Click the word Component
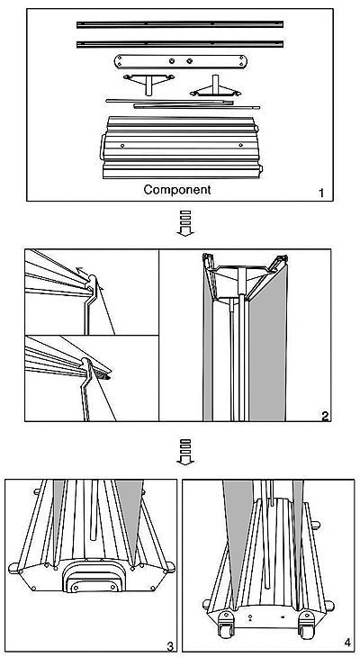click(177, 189)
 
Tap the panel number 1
click(321, 193)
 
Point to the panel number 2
click(325, 416)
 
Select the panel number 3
click(170, 646)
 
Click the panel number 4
click(347, 643)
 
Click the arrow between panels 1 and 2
click(185, 223)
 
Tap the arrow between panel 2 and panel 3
click(185, 452)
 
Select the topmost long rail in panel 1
click(180, 24)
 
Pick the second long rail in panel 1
click(180, 43)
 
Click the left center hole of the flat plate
click(172, 61)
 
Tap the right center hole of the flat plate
click(189, 61)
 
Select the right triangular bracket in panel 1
click(215, 87)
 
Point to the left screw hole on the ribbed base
click(122, 146)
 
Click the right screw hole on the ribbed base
click(240, 145)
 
